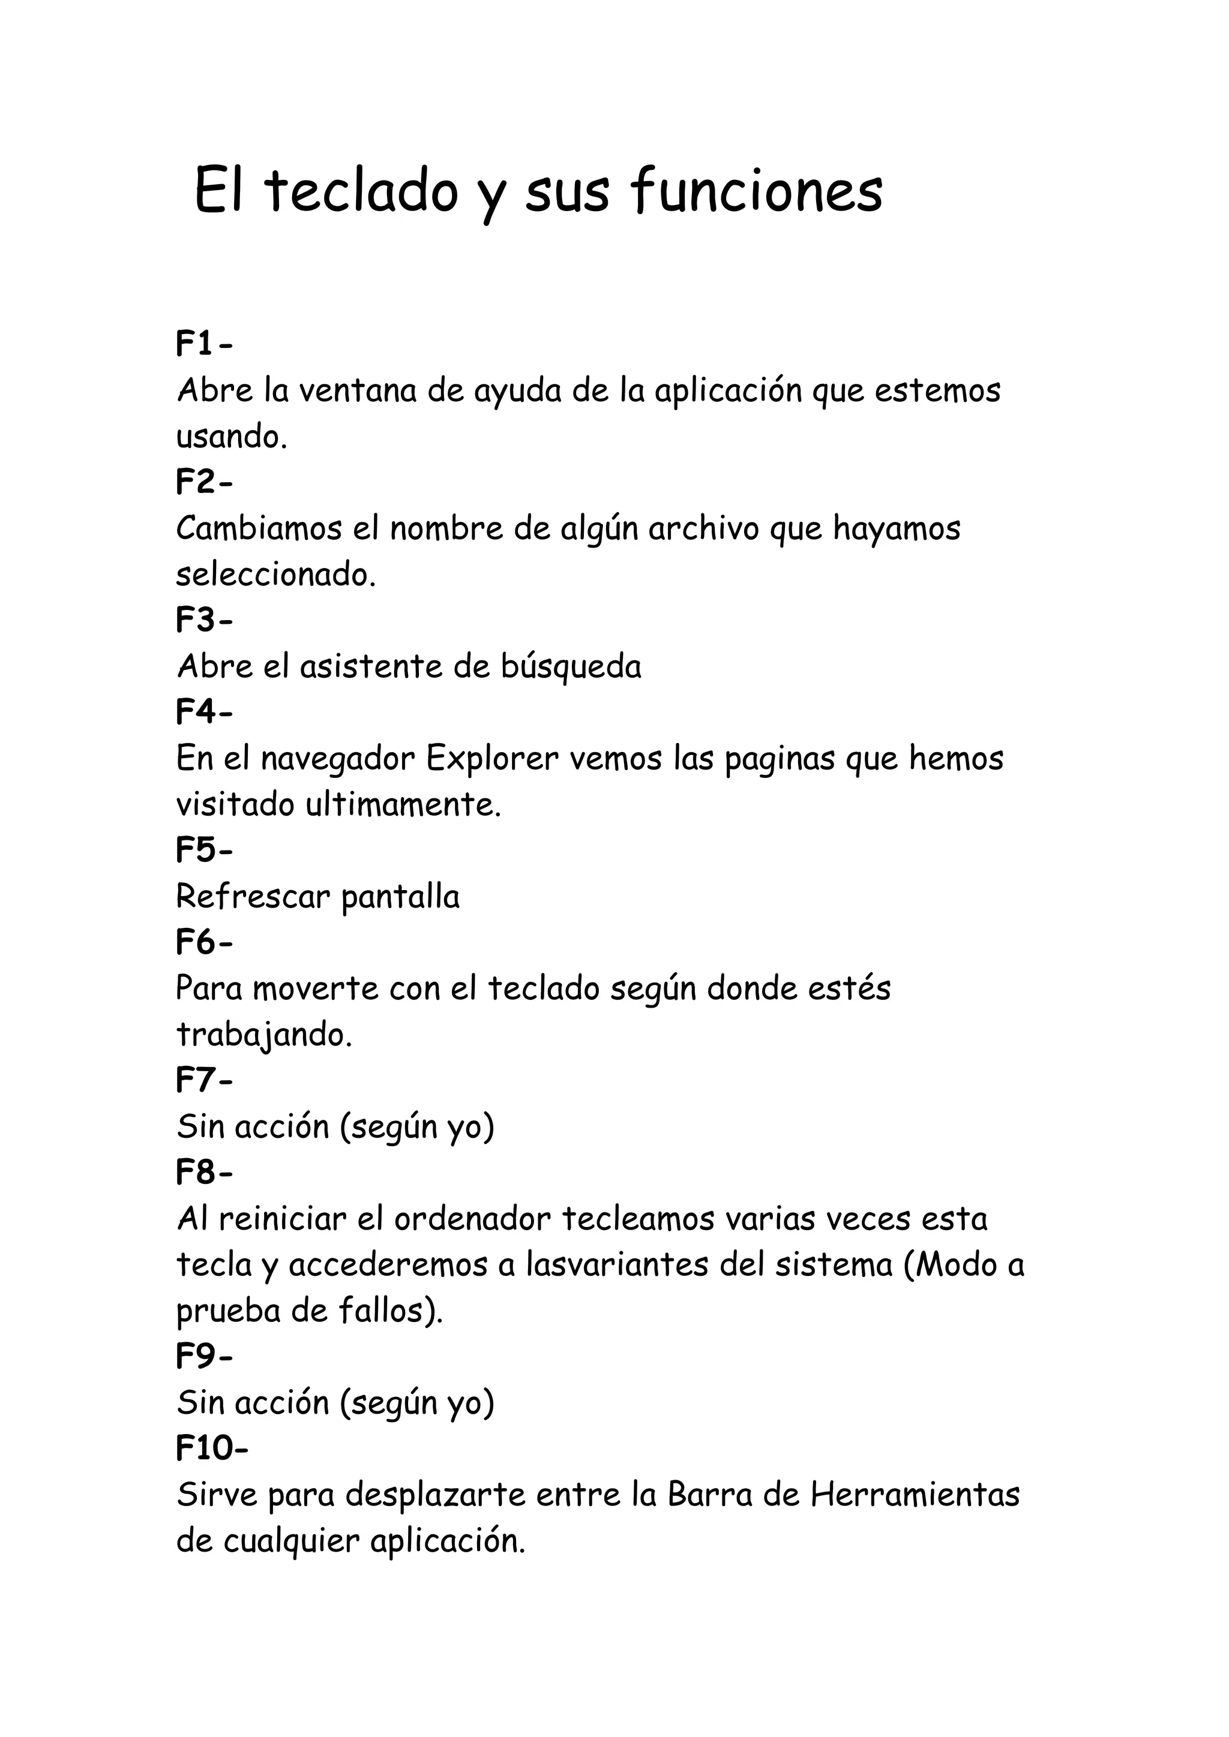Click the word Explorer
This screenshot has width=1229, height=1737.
[x=492, y=759]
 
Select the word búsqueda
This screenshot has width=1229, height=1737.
[x=571, y=667]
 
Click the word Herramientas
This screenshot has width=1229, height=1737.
[x=915, y=1495]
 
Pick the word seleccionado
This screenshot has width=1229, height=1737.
[x=275, y=575]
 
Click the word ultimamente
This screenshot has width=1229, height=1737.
[x=403, y=805]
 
